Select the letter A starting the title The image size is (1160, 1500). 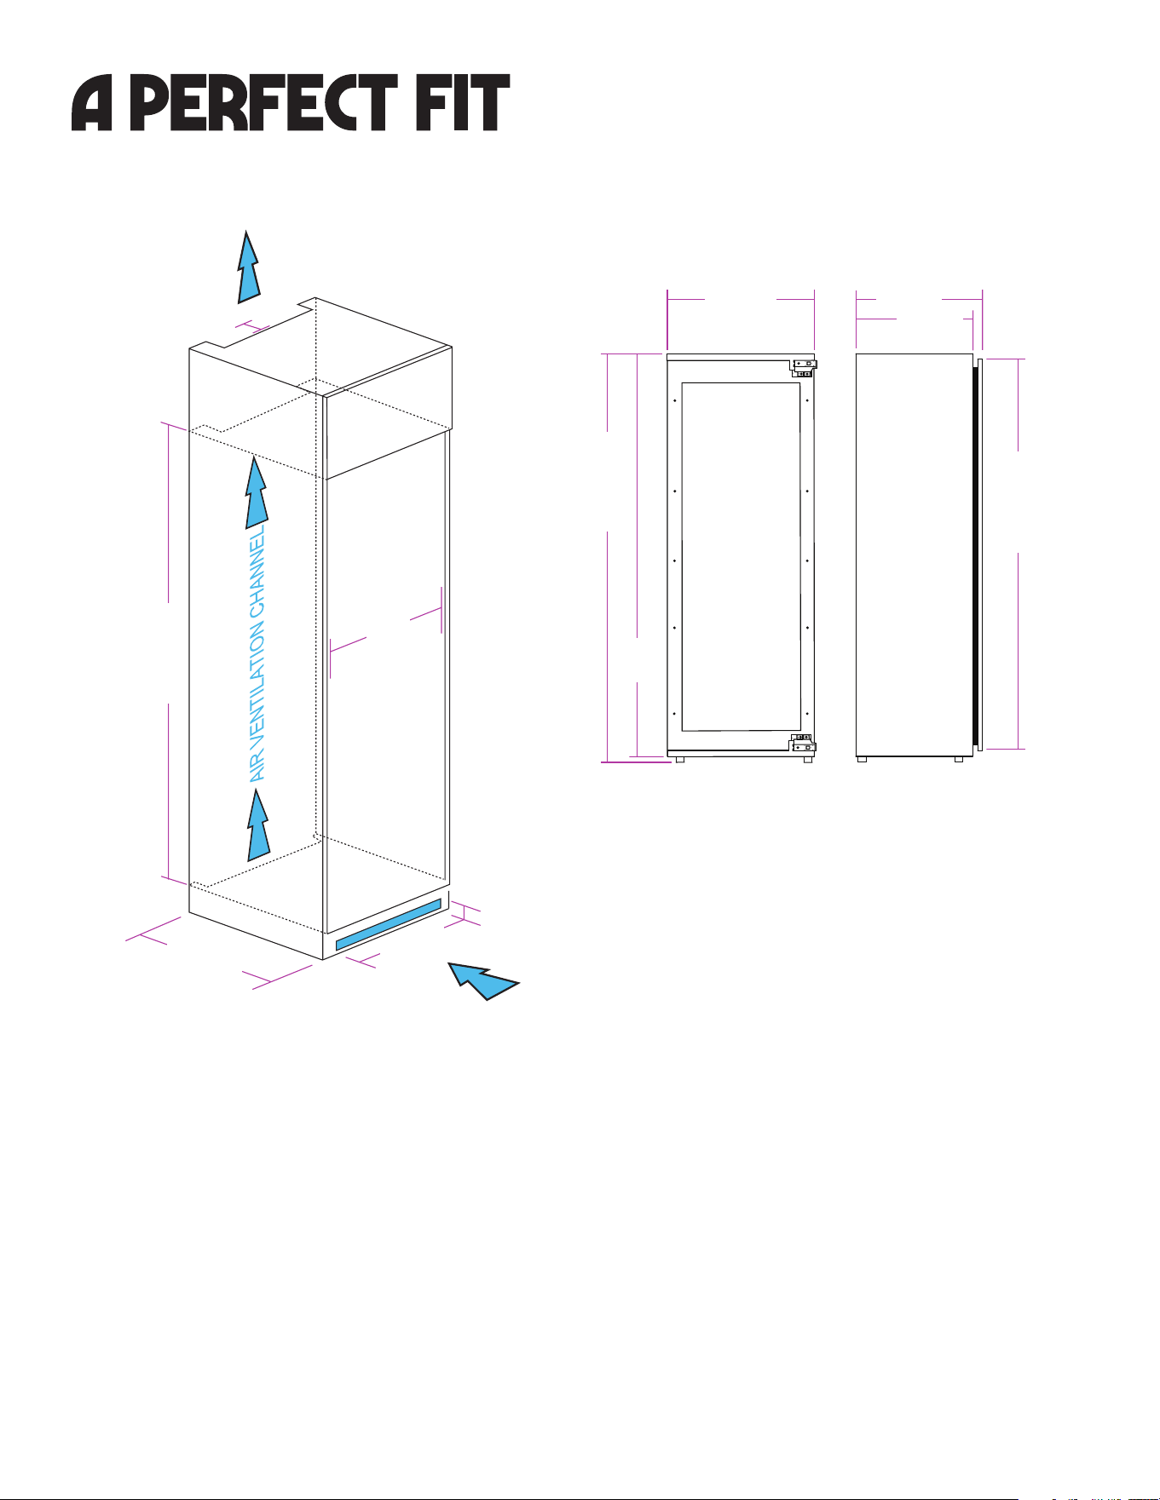pyautogui.click(x=92, y=103)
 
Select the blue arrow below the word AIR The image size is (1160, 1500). pyautogui.click(x=258, y=825)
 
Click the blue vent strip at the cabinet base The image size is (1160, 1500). pyautogui.click(x=389, y=924)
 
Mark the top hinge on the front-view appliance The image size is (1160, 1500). pyautogui.click(x=805, y=367)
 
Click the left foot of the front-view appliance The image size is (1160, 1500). pyautogui.click(x=679, y=759)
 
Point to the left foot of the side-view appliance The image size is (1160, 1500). pyautogui.click(x=862, y=759)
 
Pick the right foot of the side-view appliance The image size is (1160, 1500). pyautogui.click(x=959, y=759)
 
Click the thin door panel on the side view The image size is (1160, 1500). pyautogui.click(x=980, y=555)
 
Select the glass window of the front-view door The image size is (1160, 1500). pyautogui.click(x=742, y=556)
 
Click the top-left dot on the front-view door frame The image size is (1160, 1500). pyautogui.click(x=675, y=399)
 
